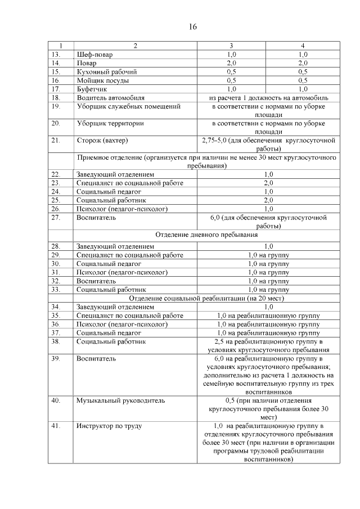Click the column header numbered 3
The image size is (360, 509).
(x=231, y=46)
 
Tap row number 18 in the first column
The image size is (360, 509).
(x=56, y=97)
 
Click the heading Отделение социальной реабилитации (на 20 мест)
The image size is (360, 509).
(x=206, y=298)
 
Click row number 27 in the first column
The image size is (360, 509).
(x=56, y=217)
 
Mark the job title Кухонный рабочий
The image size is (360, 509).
(x=106, y=72)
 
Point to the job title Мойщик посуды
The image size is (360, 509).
(x=102, y=80)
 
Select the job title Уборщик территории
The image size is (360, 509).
(x=110, y=123)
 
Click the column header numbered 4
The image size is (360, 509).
(x=303, y=46)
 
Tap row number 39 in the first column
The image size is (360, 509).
(x=56, y=358)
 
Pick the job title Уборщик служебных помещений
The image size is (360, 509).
(x=120, y=106)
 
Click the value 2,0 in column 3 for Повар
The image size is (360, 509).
(x=231, y=63)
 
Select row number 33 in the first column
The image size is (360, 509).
(x=56, y=289)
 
